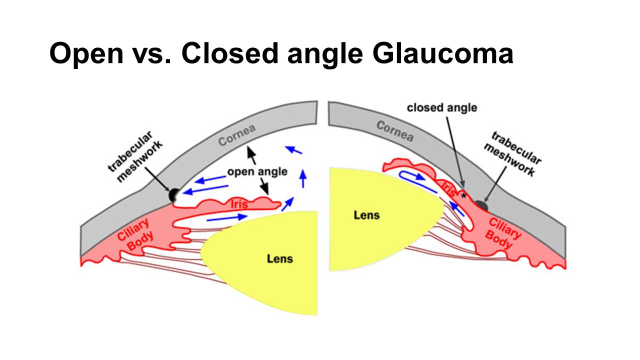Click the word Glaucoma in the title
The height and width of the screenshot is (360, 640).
pyautogui.click(x=442, y=53)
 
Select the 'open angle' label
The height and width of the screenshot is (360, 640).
pyautogui.click(x=257, y=172)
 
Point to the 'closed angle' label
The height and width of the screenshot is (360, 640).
pyautogui.click(x=441, y=107)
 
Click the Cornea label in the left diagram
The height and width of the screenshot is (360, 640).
pyautogui.click(x=237, y=135)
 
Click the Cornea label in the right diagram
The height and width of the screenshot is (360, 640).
pyautogui.click(x=394, y=131)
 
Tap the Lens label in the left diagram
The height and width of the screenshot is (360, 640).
pyautogui.click(x=279, y=258)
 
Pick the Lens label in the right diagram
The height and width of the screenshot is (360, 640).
pyautogui.click(x=366, y=215)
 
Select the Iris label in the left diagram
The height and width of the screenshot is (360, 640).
pyautogui.click(x=240, y=203)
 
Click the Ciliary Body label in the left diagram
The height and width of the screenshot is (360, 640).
pyautogui.click(x=135, y=235)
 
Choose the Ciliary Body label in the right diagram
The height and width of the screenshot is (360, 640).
pyautogui.click(x=502, y=232)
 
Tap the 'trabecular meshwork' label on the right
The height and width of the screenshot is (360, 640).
pyautogui.click(x=515, y=154)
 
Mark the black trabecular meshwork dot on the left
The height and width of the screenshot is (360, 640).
pyautogui.click(x=174, y=195)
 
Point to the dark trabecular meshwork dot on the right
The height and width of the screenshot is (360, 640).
pyautogui.click(x=481, y=205)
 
